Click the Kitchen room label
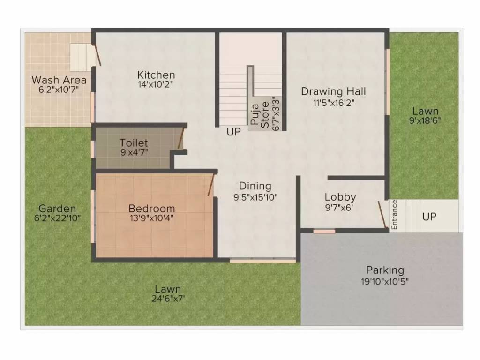(156, 75)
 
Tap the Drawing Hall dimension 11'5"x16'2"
(333, 102)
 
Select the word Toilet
(134, 142)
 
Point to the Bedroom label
(152, 208)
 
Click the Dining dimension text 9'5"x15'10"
(255, 197)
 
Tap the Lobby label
(340, 197)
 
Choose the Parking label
(385, 270)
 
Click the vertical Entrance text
(394, 215)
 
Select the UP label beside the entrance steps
(429, 217)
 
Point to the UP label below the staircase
(233, 132)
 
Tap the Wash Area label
(59, 80)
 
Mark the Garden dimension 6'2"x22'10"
(57, 218)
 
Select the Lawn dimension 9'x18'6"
(425, 120)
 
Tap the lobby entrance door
(383, 216)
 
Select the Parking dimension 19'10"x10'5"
(385, 281)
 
